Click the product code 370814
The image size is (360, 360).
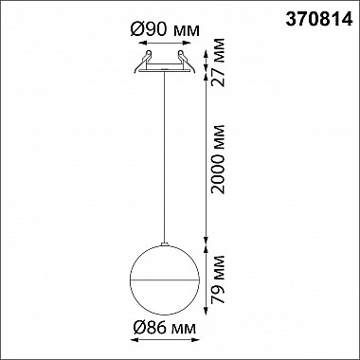coord(319,20)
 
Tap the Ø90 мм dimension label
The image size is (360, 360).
coord(165,30)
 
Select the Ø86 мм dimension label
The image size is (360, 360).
coord(165,329)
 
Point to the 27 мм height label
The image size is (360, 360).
coord(218,63)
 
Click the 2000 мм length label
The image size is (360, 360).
coord(218,159)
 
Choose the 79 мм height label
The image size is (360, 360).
coord(218,279)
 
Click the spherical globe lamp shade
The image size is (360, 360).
coord(165,279)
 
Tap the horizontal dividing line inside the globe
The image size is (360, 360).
coord(165,279)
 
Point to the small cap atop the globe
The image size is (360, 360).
coord(165,243)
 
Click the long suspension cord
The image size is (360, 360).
coord(165,157)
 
